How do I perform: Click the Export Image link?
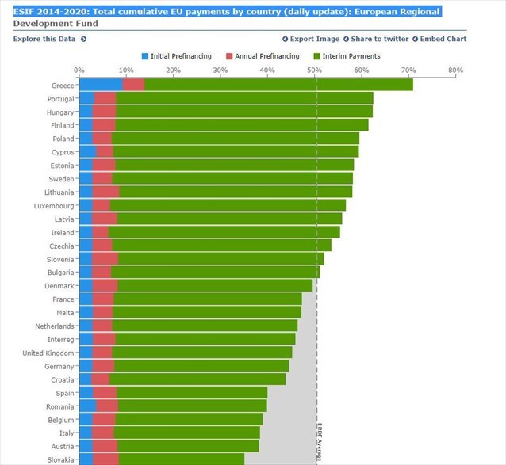[314, 39]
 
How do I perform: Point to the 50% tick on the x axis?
[315, 71]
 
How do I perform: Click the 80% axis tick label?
[455, 71]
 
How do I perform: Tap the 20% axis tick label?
[174, 71]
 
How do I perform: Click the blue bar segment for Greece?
[101, 85]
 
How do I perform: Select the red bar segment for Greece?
[133, 85]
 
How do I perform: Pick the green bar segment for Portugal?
[244, 98]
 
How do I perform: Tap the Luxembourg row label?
[54, 205]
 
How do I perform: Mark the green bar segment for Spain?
[191, 393]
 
